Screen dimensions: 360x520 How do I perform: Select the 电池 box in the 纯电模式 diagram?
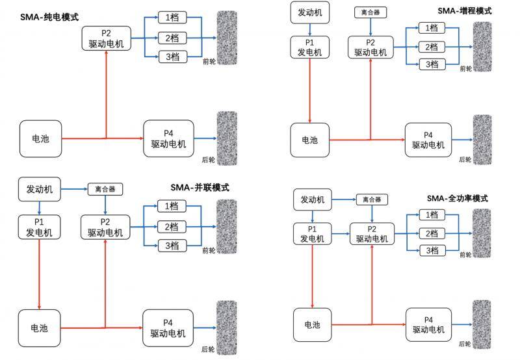pos(40,138)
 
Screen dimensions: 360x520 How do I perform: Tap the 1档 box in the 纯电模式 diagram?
pos(172,17)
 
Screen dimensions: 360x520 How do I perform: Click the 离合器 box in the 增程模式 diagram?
pos(370,12)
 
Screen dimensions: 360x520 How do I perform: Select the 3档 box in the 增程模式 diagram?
pos(431,64)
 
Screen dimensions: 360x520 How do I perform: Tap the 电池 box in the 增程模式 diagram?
pos(311,139)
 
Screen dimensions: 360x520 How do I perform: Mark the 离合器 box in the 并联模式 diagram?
pos(105,190)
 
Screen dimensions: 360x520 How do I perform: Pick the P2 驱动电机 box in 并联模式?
pos(105,226)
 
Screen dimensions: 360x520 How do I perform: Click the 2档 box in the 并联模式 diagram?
pos(172,226)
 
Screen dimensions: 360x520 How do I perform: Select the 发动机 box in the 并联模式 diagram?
pos(40,189)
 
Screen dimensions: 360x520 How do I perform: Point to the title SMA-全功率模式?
pos(457,198)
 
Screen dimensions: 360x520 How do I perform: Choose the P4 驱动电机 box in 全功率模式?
pos(428,324)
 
